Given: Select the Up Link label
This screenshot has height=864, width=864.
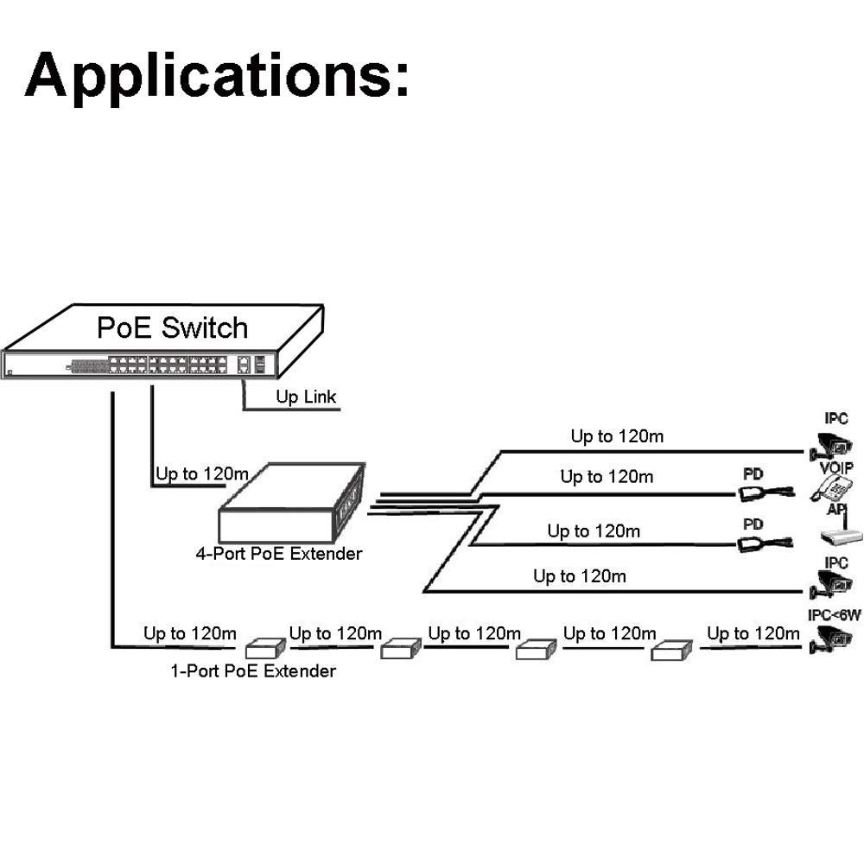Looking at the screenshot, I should point(306,397).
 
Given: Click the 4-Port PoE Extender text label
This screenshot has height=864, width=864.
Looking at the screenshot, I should point(278,554).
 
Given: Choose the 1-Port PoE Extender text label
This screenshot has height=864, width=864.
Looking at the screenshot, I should point(253,670).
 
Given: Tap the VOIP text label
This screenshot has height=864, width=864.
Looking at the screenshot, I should point(836,467).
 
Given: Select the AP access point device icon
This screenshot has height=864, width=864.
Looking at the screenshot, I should point(841,537).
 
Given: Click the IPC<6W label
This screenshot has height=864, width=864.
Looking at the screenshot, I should point(835,616).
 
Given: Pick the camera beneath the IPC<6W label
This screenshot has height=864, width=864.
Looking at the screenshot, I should point(829,640).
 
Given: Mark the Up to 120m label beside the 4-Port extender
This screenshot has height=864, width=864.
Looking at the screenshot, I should point(202,474).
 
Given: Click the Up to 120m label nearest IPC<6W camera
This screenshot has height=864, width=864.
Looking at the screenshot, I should point(753,634).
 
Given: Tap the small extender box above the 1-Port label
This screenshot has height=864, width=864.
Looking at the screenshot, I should point(266,649).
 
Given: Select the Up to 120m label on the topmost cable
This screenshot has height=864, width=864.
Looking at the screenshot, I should point(617,436).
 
